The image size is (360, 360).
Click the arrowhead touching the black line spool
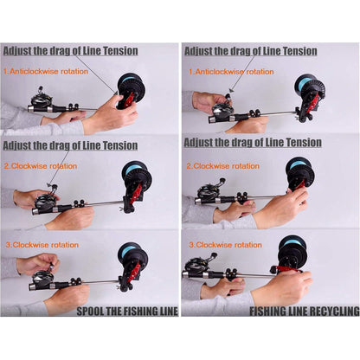pyautogui.click(x=115, y=93)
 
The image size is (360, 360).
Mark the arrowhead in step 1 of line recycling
pyautogui.click(x=229, y=90)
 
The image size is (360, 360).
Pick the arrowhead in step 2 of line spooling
pyautogui.click(x=49, y=185)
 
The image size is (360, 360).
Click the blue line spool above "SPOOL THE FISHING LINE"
pyautogui.click(x=131, y=251)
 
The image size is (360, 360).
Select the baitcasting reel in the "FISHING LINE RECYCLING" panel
pyautogui.click(x=198, y=265)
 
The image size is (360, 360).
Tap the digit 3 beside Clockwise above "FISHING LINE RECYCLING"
pyautogui.click(x=191, y=245)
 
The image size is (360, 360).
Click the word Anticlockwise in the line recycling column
pyautogui.click(x=219, y=72)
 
